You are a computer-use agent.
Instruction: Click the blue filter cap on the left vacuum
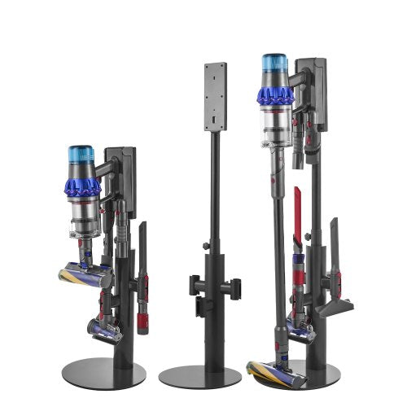tap(81, 153)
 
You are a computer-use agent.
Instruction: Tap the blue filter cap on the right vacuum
tap(274, 63)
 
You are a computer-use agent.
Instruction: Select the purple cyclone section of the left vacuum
tap(82, 182)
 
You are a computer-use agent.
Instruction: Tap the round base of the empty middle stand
tap(199, 376)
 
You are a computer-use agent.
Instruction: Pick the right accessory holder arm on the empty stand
tap(237, 286)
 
